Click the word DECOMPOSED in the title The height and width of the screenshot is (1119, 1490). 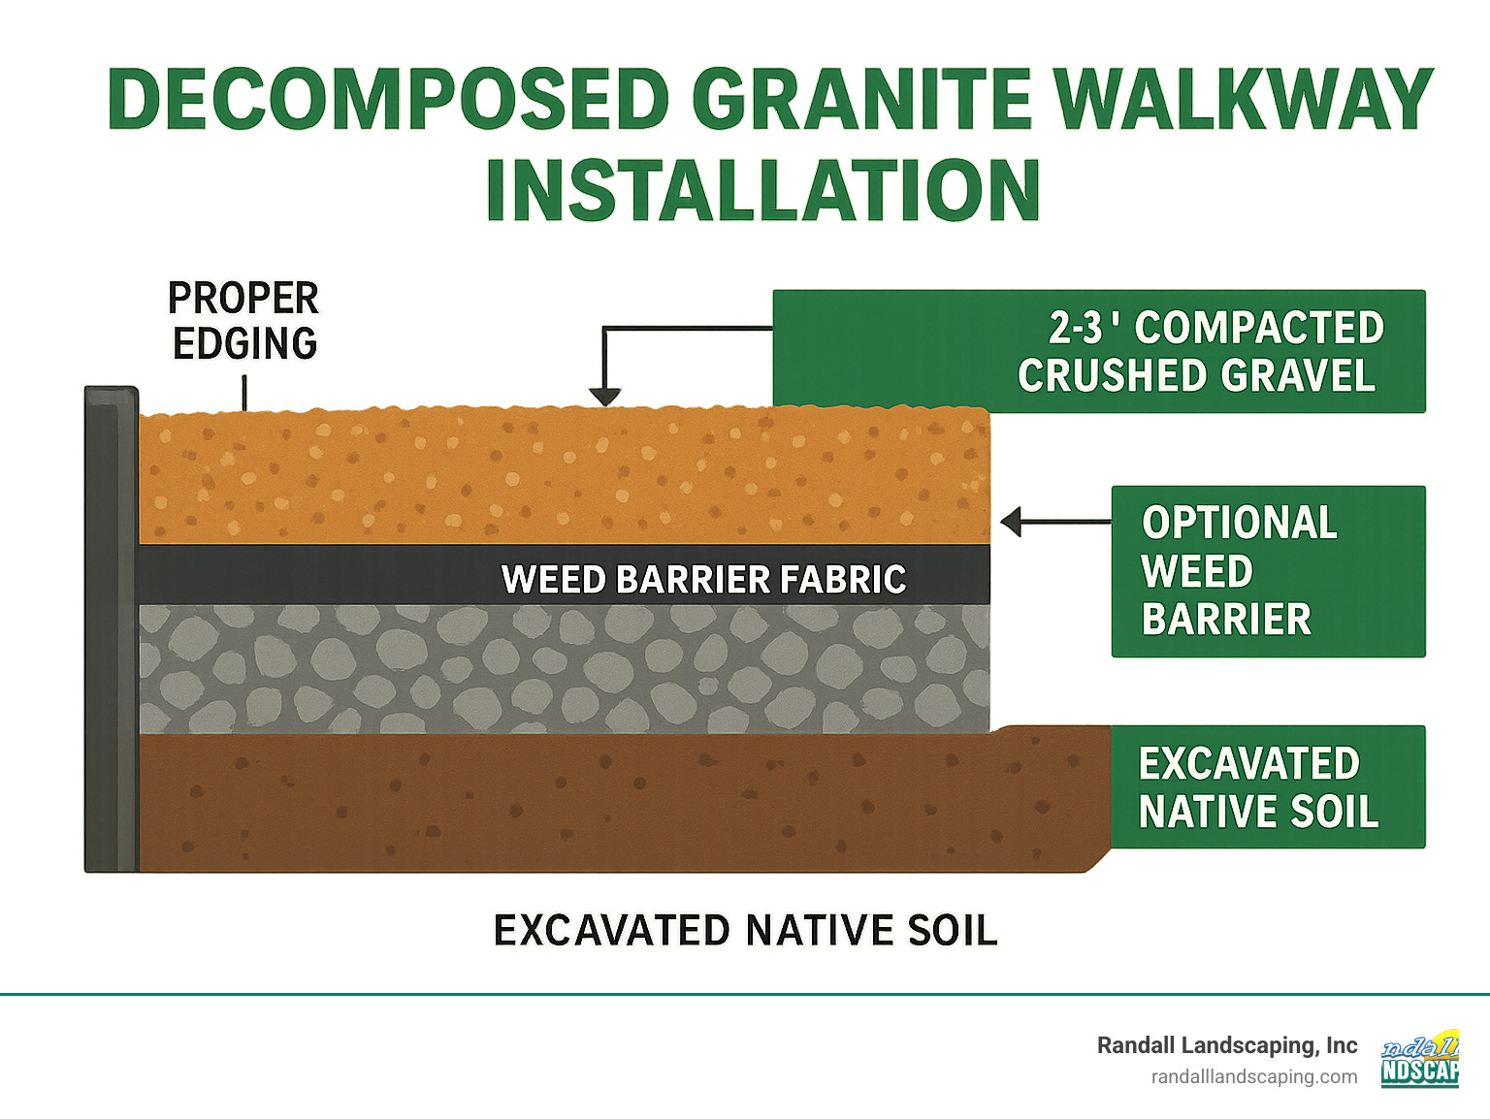click(x=388, y=100)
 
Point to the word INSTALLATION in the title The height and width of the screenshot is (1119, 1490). click(x=762, y=190)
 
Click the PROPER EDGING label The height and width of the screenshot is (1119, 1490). click(x=244, y=321)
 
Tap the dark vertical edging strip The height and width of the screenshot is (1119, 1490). click(x=111, y=630)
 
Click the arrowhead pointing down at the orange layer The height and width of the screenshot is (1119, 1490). click(x=605, y=396)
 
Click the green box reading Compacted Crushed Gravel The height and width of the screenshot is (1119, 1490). click(x=1099, y=351)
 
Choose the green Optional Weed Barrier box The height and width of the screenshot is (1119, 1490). click(x=1268, y=571)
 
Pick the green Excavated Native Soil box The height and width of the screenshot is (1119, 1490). click(x=1268, y=786)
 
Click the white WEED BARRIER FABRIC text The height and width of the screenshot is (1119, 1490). click(x=704, y=579)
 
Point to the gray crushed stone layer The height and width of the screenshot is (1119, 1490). click(x=563, y=669)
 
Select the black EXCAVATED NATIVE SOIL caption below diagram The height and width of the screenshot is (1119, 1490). click(x=745, y=931)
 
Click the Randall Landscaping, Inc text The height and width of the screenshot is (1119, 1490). click(x=1227, y=1045)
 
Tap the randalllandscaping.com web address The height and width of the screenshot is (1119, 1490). click(x=1254, y=1076)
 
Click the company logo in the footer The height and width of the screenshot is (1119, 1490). click(x=1420, y=1058)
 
